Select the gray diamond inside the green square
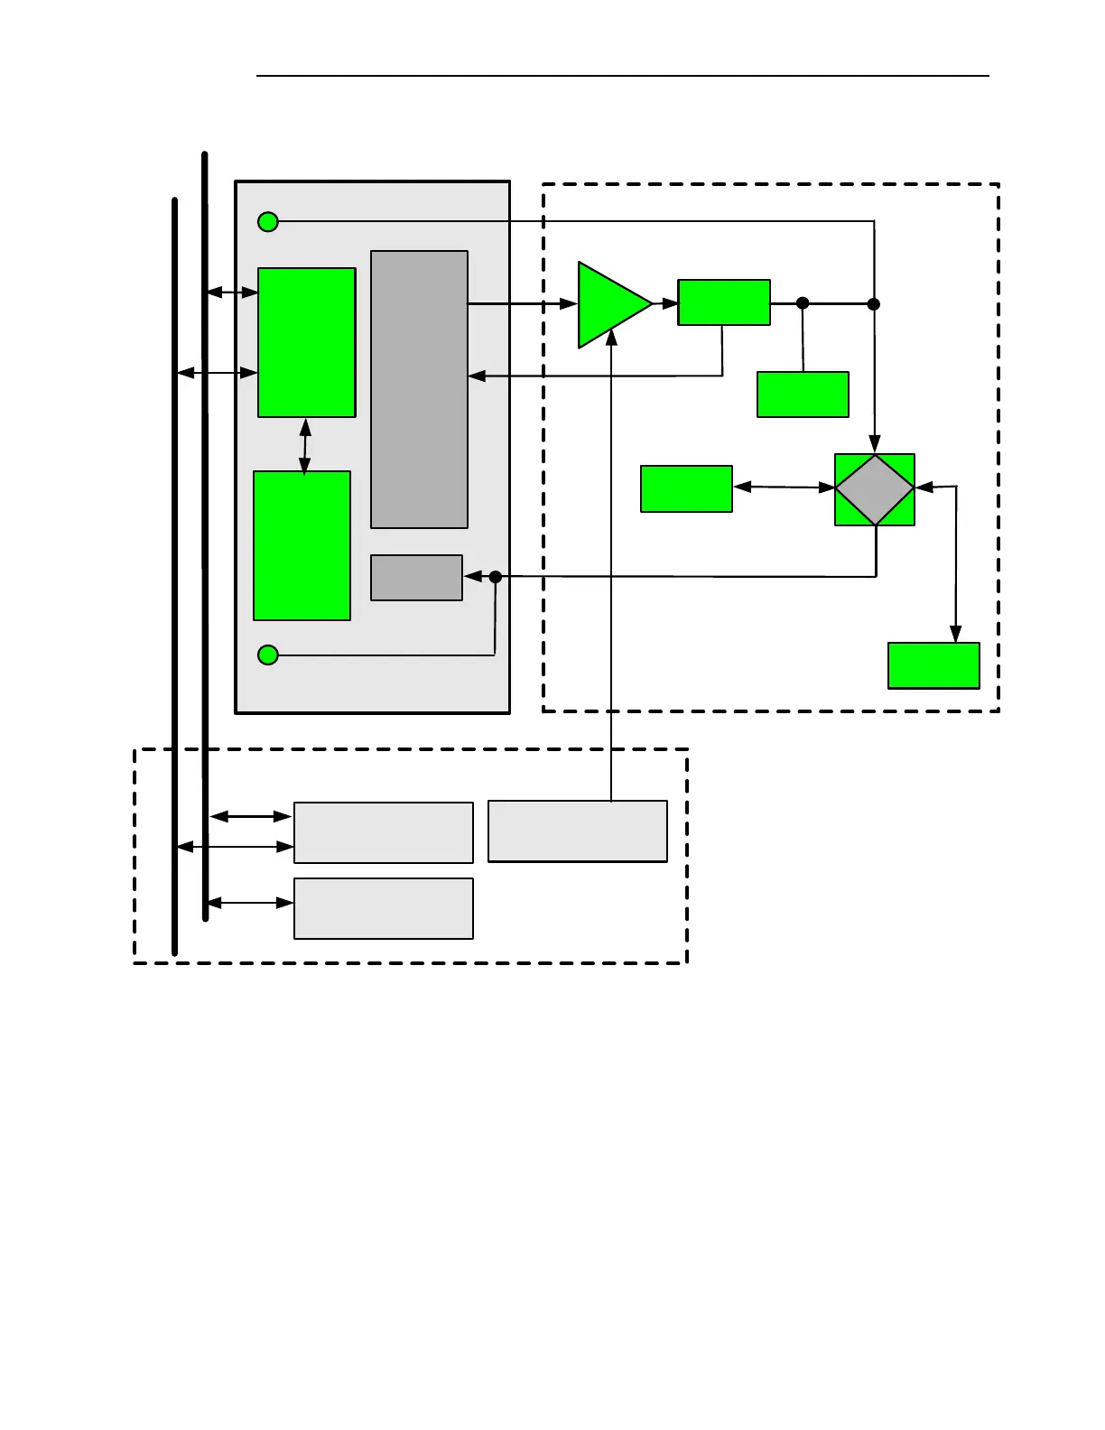click(x=874, y=489)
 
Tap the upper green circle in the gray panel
click(x=268, y=221)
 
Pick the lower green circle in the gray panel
click(x=268, y=655)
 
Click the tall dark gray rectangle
click(x=419, y=389)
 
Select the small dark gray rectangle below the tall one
click(x=416, y=578)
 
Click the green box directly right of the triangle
click(x=724, y=302)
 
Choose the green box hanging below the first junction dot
click(x=803, y=395)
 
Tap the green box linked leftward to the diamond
click(x=686, y=488)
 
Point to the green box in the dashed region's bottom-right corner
click(x=933, y=665)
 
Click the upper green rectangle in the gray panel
click(x=306, y=342)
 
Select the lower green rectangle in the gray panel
click(x=302, y=545)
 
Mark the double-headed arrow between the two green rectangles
click(x=305, y=445)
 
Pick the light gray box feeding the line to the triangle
click(x=578, y=831)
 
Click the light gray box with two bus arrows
click(x=384, y=832)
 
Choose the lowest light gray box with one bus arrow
click(x=384, y=908)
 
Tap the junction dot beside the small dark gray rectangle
click(x=495, y=576)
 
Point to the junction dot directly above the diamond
click(x=874, y=304)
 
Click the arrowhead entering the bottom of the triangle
click(x=611, y=338)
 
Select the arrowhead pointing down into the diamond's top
click(x=874, y=443)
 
